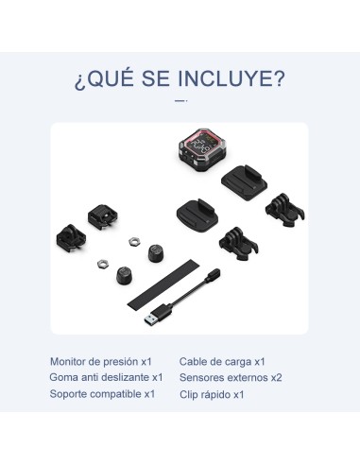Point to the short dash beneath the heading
[180, 101]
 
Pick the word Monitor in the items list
[67, 361]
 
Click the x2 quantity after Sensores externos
[276, 377]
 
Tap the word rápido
[215, 395]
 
